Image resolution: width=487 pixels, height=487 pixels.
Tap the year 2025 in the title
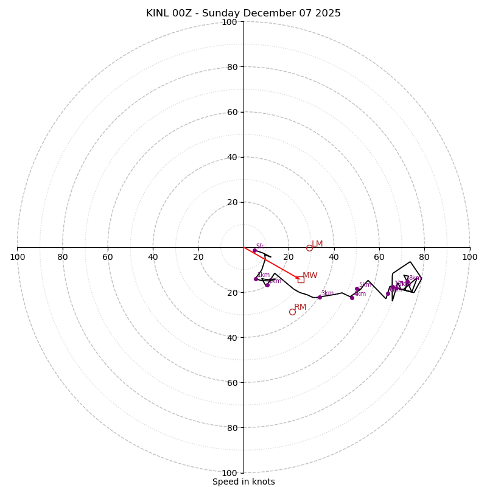coord(327,13)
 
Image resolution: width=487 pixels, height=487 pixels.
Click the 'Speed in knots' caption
coord(243,482)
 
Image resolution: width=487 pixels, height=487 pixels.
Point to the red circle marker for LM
coord(309,248)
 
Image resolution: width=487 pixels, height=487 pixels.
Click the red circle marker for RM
coord(292,312)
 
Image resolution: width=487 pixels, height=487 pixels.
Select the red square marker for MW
coord(301,279)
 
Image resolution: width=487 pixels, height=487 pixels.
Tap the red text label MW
coord(310,276)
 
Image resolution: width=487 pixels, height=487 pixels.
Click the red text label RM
coord(300,307)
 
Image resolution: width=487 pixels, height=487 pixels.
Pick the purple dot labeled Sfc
coord(254,251)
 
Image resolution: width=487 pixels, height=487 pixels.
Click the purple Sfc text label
coord(260,246)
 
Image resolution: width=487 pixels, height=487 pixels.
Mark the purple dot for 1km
coord(256,279)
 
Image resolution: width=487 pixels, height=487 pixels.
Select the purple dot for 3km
coord(320,297)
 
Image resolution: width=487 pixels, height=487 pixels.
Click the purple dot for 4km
coord(352,298)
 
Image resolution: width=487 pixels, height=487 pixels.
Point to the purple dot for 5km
coord(357,289)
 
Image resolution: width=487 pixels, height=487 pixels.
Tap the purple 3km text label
coord(327,293)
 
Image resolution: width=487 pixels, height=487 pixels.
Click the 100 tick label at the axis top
coord(229,22)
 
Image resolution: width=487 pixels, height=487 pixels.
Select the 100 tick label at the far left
coord(17,257)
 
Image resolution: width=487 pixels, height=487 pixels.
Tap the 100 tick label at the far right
coord(469,257)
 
